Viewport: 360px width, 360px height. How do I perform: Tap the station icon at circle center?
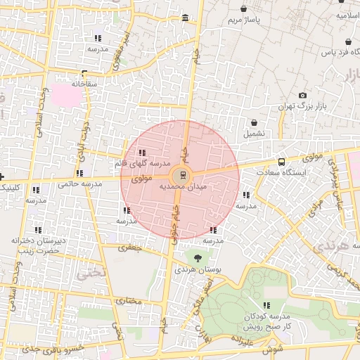click(183, 174)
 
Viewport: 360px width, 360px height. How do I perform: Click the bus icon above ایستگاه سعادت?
click(281, 161)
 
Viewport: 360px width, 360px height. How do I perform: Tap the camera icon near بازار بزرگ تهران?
click(302, 96)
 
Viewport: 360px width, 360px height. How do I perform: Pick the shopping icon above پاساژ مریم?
click(243, 9)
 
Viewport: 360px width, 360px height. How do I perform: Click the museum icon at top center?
click(185, 18)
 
